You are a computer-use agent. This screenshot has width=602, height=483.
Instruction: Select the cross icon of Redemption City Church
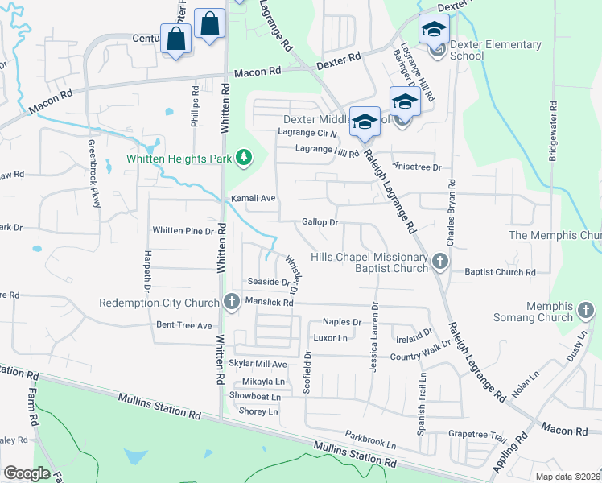point(232,303)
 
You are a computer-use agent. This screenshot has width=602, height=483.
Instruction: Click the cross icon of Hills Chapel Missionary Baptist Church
point(439,261)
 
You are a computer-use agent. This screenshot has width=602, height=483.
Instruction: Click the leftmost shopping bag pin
point(175,39)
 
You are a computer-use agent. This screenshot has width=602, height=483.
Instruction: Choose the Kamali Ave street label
point(254,198)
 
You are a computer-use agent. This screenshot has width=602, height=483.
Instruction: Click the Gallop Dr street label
point(320,221)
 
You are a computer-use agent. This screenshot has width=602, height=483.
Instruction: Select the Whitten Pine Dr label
point(183,230)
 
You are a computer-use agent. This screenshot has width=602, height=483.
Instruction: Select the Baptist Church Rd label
point(500,272)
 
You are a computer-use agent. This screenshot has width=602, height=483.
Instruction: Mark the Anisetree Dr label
point(417,167)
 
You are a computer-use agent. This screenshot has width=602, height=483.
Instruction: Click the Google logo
point(27,473)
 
